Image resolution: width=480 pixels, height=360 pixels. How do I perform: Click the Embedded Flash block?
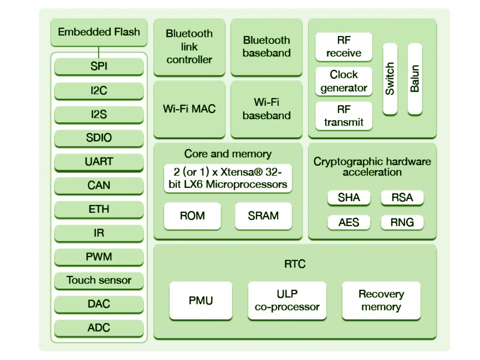tap(98, 32)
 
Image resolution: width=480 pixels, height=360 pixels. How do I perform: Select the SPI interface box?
tap(98, 67)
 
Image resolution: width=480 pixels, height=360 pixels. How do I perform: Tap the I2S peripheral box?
tap(98, 114)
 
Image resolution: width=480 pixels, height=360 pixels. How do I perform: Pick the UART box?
tap(98, 162)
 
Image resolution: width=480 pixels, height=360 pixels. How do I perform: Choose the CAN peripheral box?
tap(98, 186)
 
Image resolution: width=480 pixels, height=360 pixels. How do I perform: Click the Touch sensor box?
tap(98, 280)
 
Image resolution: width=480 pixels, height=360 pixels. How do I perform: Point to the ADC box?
tap(98, 328)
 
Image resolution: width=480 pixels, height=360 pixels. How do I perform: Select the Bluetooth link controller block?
tap(189, 47)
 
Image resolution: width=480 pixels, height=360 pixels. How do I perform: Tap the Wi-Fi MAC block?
tap(189, 109)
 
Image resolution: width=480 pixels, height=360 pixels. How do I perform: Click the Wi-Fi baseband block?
tap(266, 109)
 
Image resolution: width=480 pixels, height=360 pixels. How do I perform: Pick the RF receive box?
tap(344, 47)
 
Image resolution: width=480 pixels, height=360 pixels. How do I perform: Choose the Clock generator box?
tap(344, 81)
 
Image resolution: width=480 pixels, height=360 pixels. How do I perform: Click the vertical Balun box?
tap(415, 79)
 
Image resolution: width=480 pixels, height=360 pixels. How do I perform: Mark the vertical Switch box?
tap(390, 79)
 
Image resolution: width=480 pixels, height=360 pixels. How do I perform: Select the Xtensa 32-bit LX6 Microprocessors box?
tap(228, 178)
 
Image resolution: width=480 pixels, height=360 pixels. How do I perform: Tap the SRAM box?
tap(263, 216)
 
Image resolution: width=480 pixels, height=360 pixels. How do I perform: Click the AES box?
tap(349, 222)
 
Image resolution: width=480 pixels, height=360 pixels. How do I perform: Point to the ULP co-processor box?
tap(287, 300)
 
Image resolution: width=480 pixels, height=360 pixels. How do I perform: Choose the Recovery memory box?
tap(381, 300)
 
